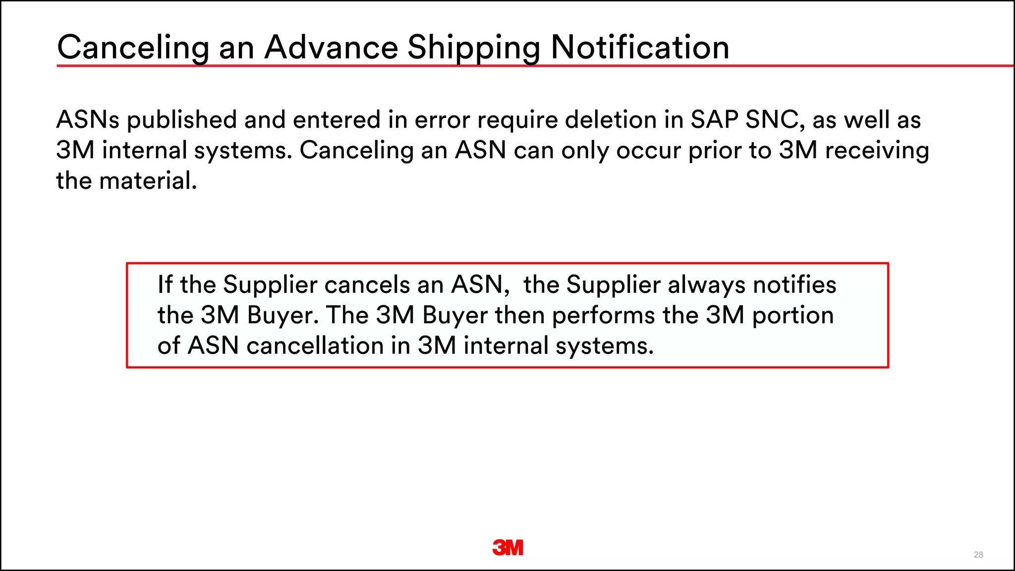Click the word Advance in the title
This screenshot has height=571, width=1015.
pos(331,48)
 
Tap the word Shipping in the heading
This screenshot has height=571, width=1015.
pos(473,49)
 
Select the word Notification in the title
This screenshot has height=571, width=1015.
pos(640,48)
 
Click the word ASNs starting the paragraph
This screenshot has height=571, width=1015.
pos(88,120)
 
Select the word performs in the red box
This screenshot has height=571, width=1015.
pos(603,316)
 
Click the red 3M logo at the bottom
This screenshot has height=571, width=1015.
pos(507,548)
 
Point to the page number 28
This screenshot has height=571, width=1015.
pos(978,555)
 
